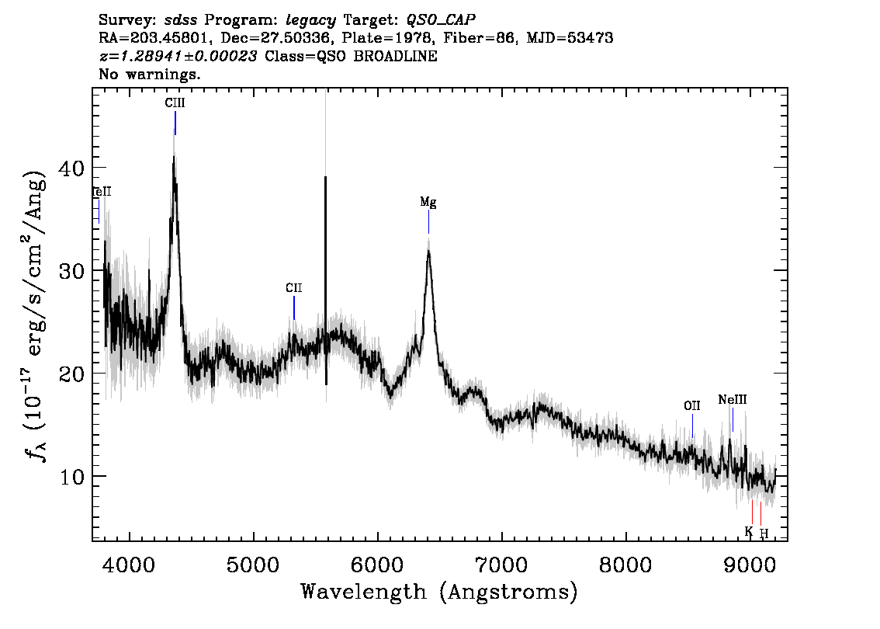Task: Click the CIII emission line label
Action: coord(175,103)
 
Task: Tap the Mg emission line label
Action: coord(428,202)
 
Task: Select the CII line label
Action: coord(293,288)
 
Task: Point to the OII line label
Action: coord(692,405)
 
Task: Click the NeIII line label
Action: coord(733,400)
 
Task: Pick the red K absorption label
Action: coord(749,531)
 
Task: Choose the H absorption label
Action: coord(764,533)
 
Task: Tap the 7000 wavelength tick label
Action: coord(501,565)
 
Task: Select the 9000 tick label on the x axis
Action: coord(749,565)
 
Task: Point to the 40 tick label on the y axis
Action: coord(72,168)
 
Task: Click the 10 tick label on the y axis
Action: coord(72,477)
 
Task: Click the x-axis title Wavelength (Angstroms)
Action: coord(439,592)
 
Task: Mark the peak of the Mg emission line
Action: coord(429,251)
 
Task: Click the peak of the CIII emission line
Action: coord(174,157)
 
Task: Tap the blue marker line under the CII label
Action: coord(294,308)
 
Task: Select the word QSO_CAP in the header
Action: coord(441,20)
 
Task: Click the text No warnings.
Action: coord(149,74)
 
